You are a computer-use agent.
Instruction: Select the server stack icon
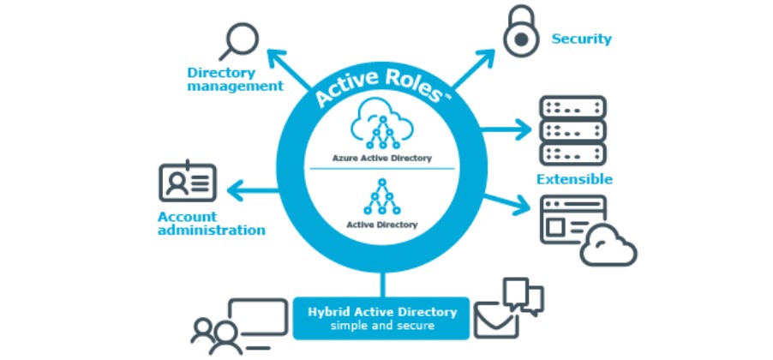[x=572, y=130]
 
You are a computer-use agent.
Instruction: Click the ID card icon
[x=188, y=181]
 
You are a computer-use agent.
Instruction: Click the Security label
[x=581, y=39]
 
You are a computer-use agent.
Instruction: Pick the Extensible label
[x=574, y=179]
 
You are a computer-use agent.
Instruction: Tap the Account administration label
[x=211, y=223]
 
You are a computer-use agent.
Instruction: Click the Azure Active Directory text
[x=381, y=158]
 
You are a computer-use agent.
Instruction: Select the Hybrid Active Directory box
[x=382, y=317]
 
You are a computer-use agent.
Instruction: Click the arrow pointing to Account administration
[x=254, y=186]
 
